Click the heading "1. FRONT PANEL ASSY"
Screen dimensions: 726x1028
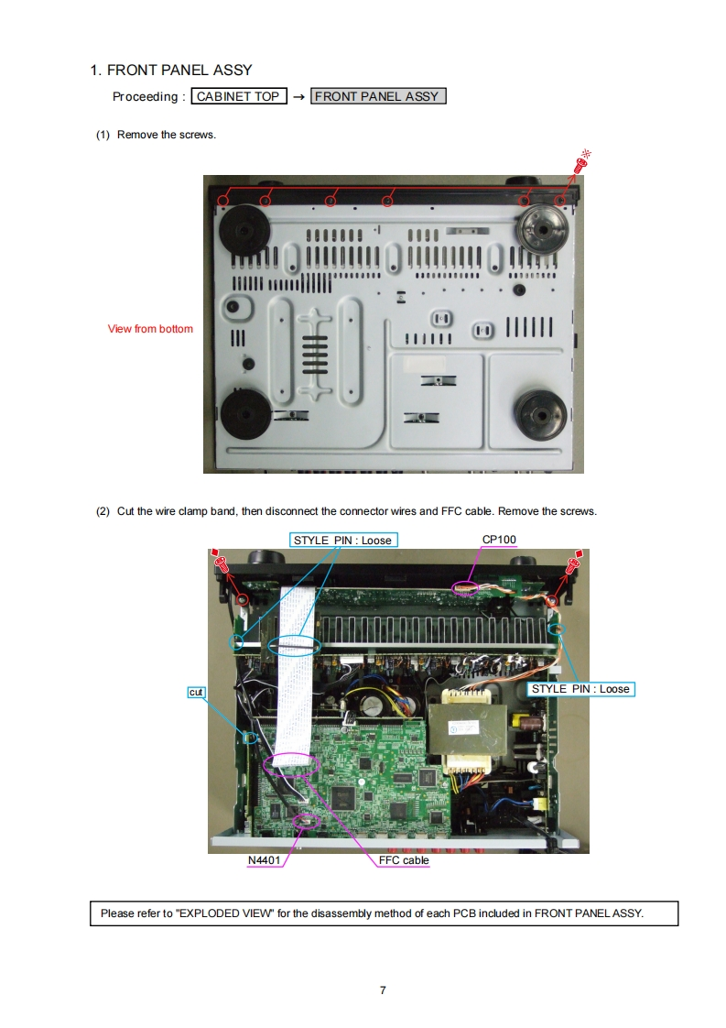coord(171,70)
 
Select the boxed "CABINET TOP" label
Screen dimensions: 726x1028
coord(238,96)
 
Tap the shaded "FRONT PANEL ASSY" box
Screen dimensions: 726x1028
coord(378,96)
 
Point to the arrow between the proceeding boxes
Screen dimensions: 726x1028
coord(298,97)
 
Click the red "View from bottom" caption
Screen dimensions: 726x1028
coord(150,329)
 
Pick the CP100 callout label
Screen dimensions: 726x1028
coord(500,540)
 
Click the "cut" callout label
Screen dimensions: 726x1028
coord(196,692)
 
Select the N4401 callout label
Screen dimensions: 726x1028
coord(265,860)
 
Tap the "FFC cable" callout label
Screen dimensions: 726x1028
coord(403,860)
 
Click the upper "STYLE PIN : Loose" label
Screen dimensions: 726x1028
coord(342,541)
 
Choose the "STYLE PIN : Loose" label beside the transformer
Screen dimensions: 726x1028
coord(580,689)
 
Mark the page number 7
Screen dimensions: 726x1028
coord(383,990)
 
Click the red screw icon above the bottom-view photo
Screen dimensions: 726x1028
coord(580,165)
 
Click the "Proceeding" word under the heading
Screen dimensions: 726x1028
coord(145,97)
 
